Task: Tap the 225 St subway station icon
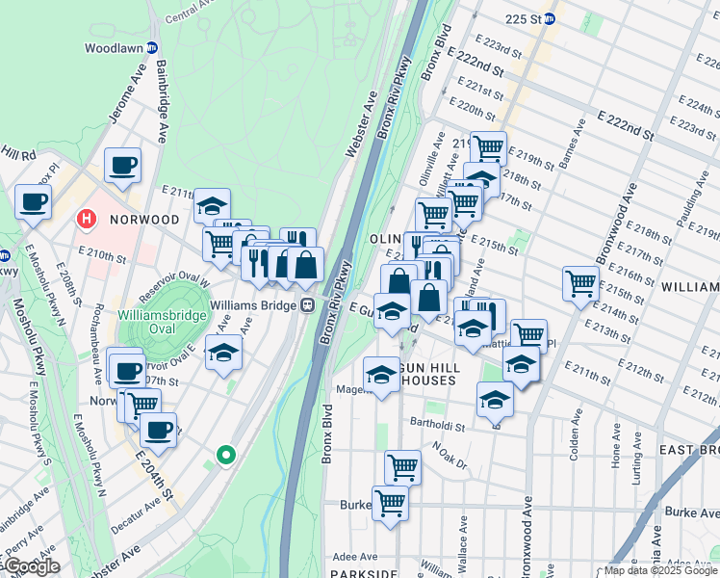tap(549, 18)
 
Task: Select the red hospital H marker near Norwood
tap(87, 220)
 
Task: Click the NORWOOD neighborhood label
tap(144, 220)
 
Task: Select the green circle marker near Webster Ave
tap(226, 455)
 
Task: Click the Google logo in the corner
tap(31, 566)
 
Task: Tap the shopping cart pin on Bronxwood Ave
tap(581, 283)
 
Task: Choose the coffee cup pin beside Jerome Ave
tap(122, 165)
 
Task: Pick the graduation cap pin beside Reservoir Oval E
tap(223, 352)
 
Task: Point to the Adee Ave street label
tap(355, 556)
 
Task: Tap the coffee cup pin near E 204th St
tap(158, 429)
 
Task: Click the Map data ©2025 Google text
tap(660, 570)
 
